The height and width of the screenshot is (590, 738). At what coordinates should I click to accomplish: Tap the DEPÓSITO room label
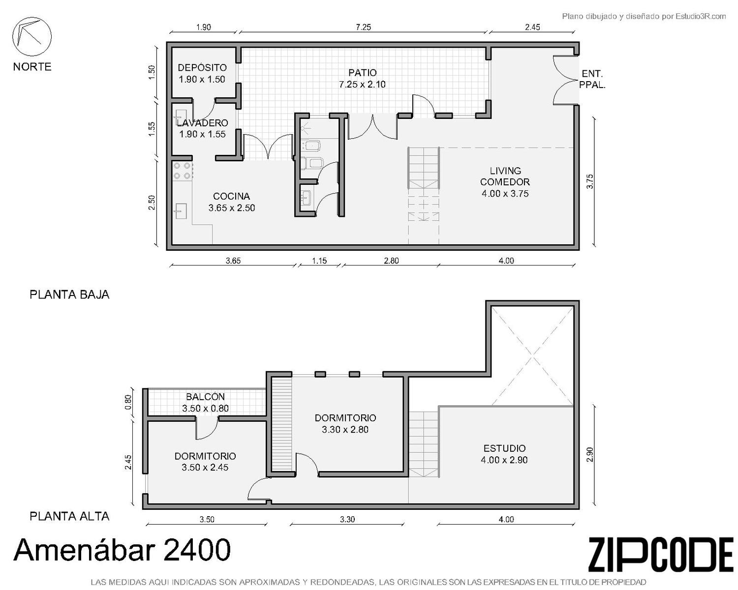(202, 67)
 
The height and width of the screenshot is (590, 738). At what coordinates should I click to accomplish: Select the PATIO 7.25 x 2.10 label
(362, 79)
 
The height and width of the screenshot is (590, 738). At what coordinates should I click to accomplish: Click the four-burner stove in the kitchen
(182, 171)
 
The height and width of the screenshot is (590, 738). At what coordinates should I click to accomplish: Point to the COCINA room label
(231, 197)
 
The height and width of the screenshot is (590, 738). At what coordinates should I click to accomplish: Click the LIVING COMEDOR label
(505, 176)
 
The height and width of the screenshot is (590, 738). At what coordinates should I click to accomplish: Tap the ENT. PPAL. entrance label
(592, 79)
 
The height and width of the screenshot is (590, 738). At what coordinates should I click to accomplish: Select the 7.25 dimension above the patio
(363, 27)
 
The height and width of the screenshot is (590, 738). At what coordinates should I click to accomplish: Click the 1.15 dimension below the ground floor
(319, 261)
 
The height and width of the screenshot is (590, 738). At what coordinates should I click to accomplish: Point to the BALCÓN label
(206, 397)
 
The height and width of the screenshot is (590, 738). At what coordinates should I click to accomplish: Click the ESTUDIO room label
(504, 448)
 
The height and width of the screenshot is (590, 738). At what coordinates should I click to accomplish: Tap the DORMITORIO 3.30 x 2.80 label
(345, 423)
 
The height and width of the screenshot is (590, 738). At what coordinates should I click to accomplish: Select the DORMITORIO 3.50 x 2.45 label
(205, 462)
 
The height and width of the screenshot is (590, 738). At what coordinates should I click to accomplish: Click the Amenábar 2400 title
(122, 549)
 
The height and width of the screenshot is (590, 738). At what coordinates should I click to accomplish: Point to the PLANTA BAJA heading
(69, 295)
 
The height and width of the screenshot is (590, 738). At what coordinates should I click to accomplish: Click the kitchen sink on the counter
(181, 211)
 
